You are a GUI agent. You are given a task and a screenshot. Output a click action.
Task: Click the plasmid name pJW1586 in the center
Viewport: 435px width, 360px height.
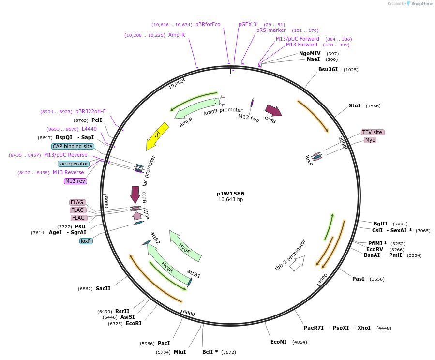pos(230,194)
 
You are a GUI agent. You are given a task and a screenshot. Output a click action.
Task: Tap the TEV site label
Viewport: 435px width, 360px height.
pos(372,132)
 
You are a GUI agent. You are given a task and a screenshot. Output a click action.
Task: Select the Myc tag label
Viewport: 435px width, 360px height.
pos(370,140)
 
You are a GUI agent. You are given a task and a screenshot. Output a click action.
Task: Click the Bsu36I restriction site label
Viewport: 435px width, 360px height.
pos(327,70)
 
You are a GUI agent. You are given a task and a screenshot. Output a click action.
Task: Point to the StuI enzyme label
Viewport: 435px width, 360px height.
pos(355,105)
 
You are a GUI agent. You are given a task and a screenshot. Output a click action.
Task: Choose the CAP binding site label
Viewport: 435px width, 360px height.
pos(73,146)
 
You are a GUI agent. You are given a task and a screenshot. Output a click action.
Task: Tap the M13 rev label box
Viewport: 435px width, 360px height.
pos(75,181)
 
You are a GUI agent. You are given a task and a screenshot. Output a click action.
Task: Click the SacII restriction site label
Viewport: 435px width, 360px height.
pos(103,288)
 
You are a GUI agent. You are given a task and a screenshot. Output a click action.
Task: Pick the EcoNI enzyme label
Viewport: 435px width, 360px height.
pos(278,342)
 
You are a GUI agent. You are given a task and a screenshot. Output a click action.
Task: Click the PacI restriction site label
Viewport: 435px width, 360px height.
pos(164,343)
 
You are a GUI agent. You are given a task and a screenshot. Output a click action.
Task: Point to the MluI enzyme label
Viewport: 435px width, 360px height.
pos(180,352)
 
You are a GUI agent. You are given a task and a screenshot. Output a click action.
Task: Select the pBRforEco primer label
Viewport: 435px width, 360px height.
pos(208,24)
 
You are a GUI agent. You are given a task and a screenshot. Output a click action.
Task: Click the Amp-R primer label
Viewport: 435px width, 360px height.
pos(177,35)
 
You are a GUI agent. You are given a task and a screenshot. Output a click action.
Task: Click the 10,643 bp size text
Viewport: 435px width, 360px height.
pos(230,200)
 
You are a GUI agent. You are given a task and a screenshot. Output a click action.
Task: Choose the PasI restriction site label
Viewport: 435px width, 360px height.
pos(358,279)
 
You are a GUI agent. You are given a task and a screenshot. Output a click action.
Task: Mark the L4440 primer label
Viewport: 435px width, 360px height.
pos(89,129)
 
